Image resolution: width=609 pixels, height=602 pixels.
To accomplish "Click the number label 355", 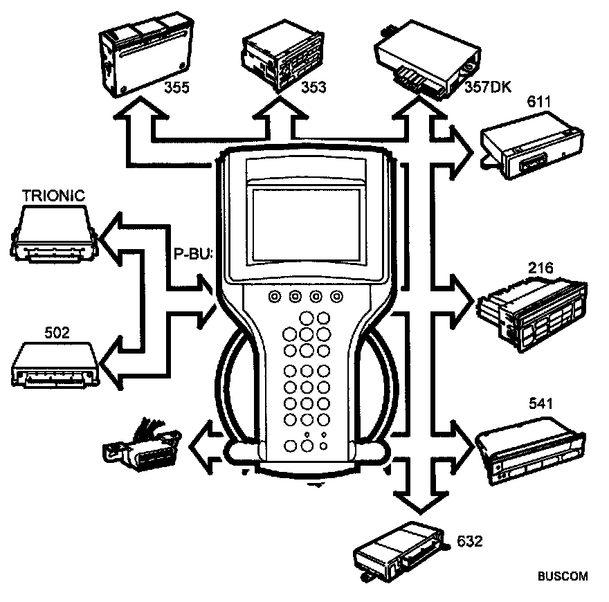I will [x=179, y=88].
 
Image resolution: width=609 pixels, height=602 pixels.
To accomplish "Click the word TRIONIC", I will [x=54, y=196].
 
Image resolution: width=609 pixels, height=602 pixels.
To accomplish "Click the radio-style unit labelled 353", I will [x=277, y=59].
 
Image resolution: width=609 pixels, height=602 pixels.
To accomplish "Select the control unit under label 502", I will [x=55, y=364].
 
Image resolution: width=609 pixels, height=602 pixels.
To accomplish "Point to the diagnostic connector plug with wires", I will [x=138, y=446].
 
